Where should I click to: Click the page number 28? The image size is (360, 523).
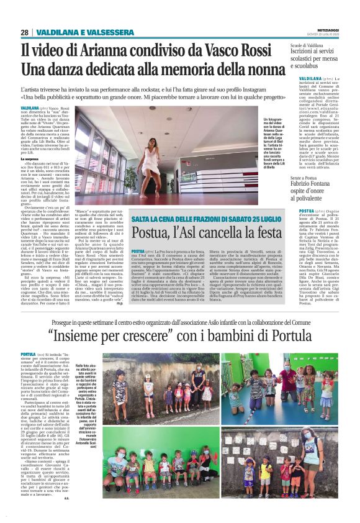(x=24, y=32)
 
